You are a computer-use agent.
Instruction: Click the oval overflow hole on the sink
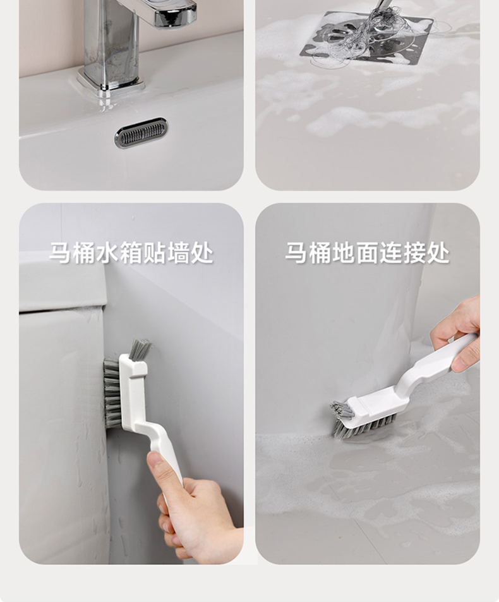pos(141,133)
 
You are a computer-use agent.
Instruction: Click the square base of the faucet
pos(111,82)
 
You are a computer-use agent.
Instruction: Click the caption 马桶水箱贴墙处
pos(131,253)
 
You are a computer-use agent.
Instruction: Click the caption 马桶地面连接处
pos(368,253)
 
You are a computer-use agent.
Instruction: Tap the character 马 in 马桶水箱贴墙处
pos(61,253)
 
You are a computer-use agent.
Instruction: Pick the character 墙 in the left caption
pos(179,253)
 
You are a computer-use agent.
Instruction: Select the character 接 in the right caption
pos(414,253)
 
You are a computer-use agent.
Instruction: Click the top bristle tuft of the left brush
pos(140,349)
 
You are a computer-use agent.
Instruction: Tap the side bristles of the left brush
pos(112,393)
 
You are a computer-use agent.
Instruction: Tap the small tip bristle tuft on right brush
pos(342,410)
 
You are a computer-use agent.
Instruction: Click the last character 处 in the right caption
pos(438,253)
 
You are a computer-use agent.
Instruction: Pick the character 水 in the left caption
pos(108,253)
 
